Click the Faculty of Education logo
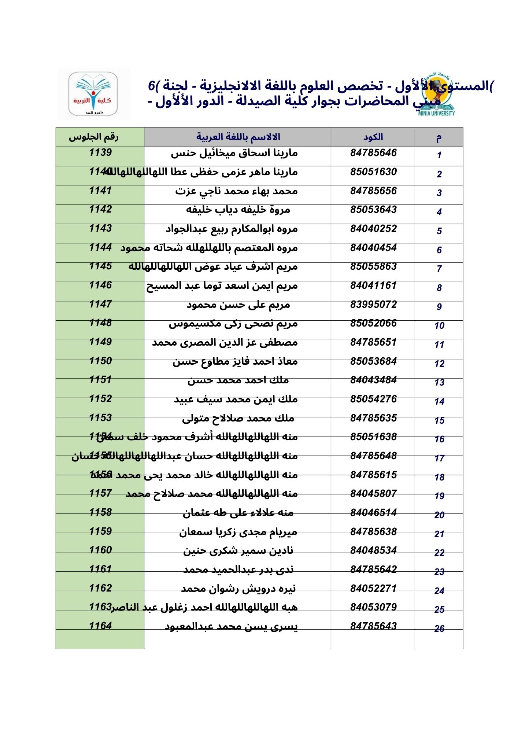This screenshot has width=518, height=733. [x=93, y=94]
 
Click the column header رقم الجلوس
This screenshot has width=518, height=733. [x=94, y=137]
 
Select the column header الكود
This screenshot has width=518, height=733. [x=373, y=137]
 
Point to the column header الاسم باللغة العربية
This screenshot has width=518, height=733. [x=238, y=137]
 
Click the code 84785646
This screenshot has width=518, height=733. [x=373, y=153]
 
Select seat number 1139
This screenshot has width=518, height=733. [x=100, y=152]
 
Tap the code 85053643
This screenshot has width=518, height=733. [x=373, y=210]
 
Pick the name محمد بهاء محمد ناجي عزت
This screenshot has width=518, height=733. [x=236, y=191]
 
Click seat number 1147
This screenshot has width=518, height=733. [x=100, y=304]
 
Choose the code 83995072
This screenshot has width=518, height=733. [x=373, y=305]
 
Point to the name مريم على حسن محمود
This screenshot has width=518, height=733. [x=238, y=305]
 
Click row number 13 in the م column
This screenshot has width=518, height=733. [x=439, y=383]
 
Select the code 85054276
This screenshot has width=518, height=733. [x=373, y=399]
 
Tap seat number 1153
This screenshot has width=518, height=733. [x=100, y=418]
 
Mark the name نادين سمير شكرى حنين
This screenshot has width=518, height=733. [x=238, y=550]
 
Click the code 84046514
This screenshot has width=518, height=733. [x=373, y=513]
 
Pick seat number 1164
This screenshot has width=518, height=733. [x=100, y=626]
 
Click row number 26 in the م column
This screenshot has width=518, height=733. [x=439, y=629]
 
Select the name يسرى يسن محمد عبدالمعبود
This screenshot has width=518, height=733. [x=231, y=626]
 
